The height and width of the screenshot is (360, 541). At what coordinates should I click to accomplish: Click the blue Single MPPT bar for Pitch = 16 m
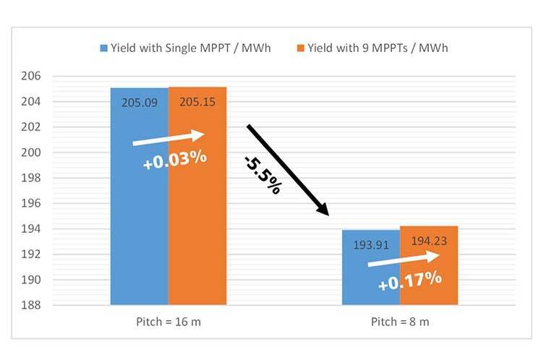tap(139, 217)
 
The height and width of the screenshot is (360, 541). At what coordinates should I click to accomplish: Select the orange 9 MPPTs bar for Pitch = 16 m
tap(197, 217)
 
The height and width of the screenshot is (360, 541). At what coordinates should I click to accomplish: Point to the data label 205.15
tap(197, 103)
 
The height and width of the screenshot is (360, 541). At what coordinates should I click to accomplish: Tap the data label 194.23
tap(429, 241)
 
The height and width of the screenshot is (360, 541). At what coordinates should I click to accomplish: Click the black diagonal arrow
tap(288, 170)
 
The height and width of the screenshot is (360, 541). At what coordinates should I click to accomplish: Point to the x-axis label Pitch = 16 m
tap(169, 322)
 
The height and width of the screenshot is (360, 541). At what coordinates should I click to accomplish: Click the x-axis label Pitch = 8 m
tap(400, 322)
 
